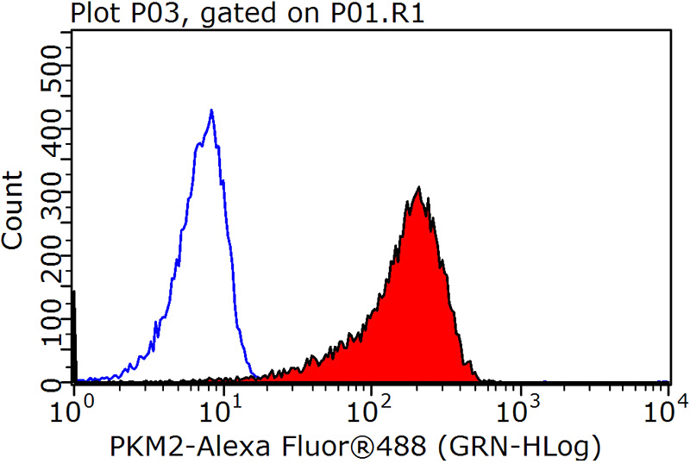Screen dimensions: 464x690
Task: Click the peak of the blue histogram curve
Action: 211,111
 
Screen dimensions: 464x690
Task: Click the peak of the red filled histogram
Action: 418,188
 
